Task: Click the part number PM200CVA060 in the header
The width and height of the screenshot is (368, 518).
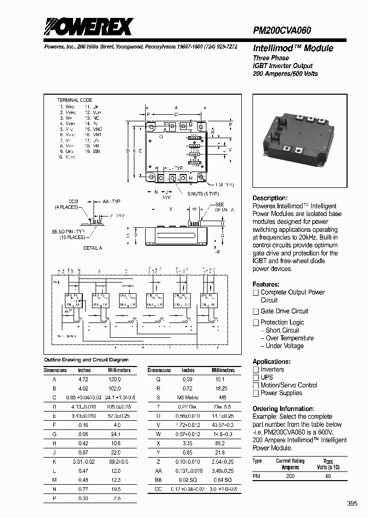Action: (x=282, y=31)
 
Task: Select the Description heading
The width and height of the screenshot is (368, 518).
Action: (x=270, y=198)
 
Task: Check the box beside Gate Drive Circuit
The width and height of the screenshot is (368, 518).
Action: (x=256, y=311)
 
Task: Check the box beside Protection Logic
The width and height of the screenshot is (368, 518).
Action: (x=256, y=322)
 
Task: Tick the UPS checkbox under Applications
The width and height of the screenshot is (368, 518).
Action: (x=256, y=377)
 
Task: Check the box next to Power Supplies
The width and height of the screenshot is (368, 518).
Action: (x=256, y=393)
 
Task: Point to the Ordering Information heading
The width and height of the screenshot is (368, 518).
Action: (x=283, y=408)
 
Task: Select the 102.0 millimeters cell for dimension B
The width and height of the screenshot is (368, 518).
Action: (x=114, y=387)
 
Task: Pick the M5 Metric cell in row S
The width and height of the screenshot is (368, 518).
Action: (x=188, y=397)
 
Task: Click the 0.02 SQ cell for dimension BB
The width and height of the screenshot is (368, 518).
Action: (x=188, y=480)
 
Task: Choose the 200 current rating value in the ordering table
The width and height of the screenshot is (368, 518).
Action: (x=290, y=476)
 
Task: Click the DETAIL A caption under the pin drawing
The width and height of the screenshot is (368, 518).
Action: (x=93, y=248)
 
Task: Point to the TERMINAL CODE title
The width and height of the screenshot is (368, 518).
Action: (x=75, y=100)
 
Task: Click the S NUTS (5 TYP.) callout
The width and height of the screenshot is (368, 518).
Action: (x=203, y=193)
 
